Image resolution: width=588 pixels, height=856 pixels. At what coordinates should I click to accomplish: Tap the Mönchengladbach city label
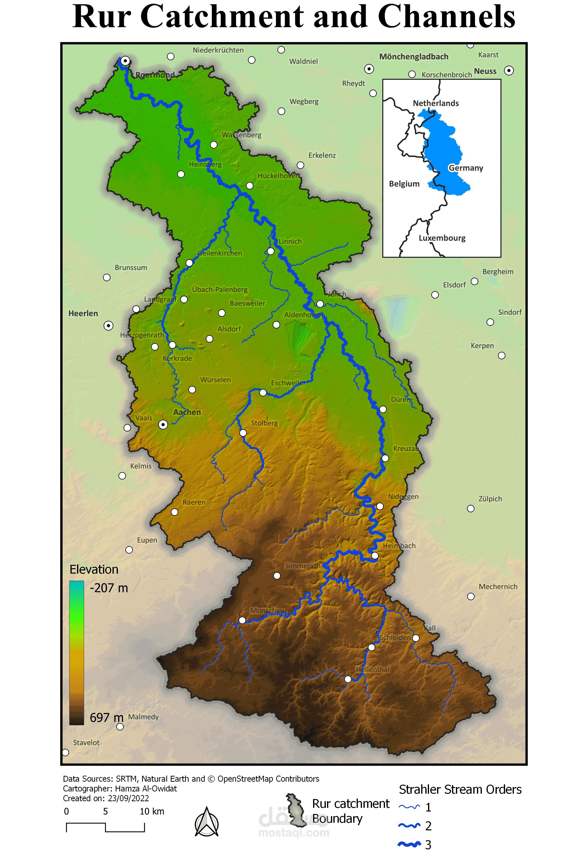[414, 57]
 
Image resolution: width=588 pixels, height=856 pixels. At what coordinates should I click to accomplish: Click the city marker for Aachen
[163, 425]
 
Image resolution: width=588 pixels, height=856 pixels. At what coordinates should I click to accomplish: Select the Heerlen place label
[83, 313]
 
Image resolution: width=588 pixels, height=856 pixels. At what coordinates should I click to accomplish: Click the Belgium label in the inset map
[404, 184]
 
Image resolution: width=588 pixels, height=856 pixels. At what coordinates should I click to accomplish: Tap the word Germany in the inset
[466, 168]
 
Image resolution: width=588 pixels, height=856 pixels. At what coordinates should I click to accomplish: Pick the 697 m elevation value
[106, 718]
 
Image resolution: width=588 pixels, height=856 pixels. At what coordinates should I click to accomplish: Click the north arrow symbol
[207, 822]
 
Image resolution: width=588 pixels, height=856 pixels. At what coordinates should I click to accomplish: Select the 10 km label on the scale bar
[152, 812]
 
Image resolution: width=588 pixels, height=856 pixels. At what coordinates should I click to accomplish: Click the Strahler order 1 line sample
[409, 807]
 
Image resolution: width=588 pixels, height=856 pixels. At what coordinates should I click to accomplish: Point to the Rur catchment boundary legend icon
[296, 810]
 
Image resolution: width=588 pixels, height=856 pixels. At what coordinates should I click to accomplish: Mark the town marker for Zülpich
[471, 509]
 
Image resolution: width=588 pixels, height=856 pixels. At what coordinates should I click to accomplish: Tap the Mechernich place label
[498, 587]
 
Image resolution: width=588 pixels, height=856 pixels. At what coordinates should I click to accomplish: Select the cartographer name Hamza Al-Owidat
[146, 789]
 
